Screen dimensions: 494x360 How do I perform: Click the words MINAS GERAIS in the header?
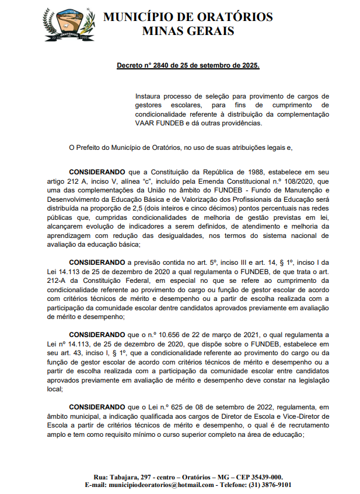click(188, 31)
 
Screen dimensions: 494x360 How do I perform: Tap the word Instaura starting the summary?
click(149, 96)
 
